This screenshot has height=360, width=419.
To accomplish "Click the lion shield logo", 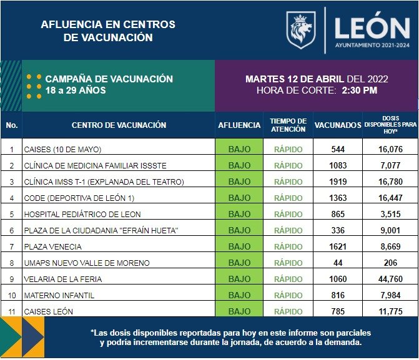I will [301, 29].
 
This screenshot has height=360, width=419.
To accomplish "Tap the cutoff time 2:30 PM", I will [359, 90].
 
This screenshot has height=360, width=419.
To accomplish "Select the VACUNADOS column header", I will [338, 125].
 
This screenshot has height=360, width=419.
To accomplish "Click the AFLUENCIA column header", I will [239, 125].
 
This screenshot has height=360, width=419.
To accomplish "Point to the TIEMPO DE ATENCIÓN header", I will [288, 125].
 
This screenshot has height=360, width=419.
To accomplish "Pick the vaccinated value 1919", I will [338, 182].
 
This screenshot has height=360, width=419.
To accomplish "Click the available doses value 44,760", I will [390, 279].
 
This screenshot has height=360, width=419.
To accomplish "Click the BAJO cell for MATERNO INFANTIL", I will [239, 295].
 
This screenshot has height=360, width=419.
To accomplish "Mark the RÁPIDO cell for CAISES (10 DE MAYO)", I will [288, 149].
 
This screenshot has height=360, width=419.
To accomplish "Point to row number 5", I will [11, 214].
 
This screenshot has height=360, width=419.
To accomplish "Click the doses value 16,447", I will [390, 198].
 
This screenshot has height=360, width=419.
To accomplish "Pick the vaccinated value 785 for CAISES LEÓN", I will [338, 311].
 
